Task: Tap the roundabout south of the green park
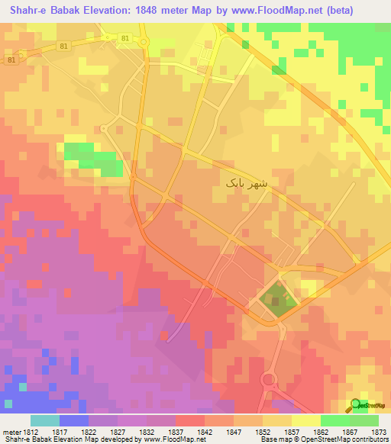click(269, 379)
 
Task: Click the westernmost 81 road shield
click(11, 60)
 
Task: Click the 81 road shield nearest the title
click(125, 37)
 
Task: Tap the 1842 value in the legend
click(203, 433)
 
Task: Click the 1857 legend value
click(291, 433)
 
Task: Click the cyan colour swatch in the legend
click(44, 420)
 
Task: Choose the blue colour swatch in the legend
click(73, 420)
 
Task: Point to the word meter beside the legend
click(9, 433)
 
